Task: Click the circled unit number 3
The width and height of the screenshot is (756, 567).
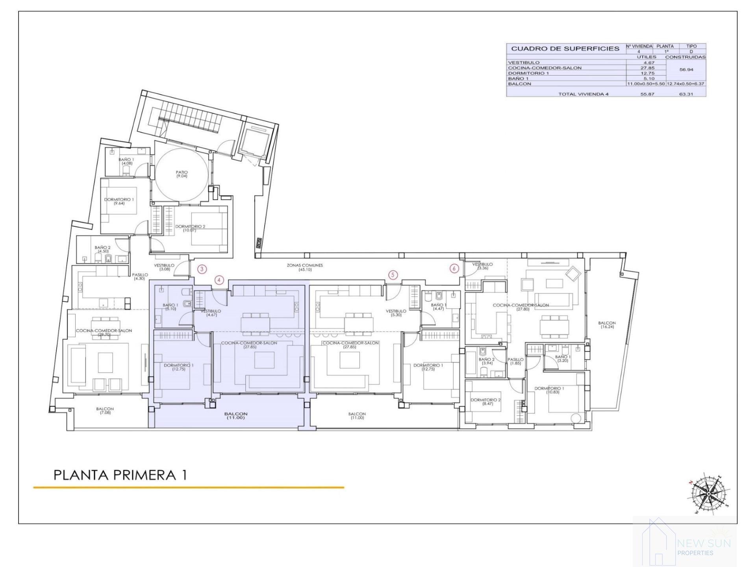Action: (202, 269)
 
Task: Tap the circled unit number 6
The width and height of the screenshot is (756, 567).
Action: (454, 269)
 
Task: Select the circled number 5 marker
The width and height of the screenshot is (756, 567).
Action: (393, 275)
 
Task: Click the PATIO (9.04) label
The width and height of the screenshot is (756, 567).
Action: (182, 174)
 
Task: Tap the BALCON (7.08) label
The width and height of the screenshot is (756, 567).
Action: (105, 411)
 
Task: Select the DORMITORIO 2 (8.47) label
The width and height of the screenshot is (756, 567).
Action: (485, 402)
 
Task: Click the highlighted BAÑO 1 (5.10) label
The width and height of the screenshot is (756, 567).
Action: (170, 307)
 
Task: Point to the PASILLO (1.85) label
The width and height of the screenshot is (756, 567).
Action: (515, 361)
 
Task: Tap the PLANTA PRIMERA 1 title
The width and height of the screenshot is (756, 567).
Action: (120, 475)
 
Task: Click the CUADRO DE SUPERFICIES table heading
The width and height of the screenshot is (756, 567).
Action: (565, 49)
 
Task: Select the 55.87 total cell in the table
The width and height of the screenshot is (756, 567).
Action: (647, 94)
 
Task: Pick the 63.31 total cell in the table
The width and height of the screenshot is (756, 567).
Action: (686, 94)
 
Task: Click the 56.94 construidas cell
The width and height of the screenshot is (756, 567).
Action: (686, 70)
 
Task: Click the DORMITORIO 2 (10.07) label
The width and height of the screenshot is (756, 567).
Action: (190, 228)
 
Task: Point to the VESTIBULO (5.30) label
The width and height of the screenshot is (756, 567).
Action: (396, 313)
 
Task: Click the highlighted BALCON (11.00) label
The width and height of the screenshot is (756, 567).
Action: (235, 415)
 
